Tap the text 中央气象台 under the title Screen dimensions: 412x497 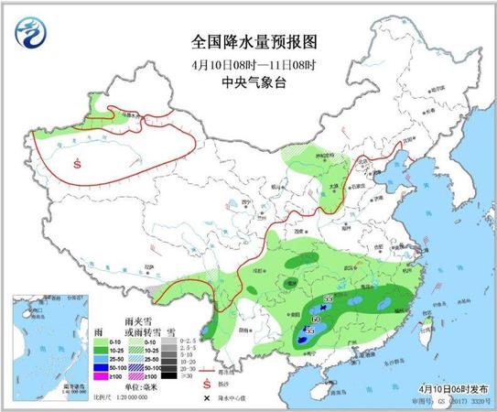(x=248, y=82)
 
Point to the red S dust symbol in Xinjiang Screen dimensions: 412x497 (x=78, y=166)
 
